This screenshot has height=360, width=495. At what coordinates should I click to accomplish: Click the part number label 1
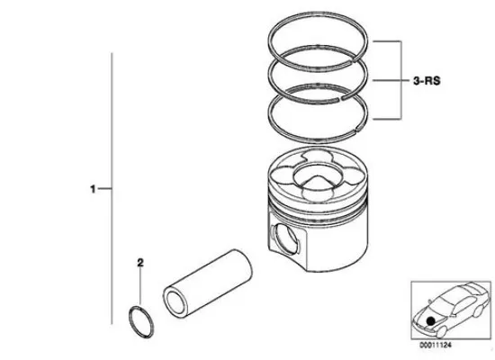coord(93,189)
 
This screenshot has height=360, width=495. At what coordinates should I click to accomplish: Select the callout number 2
coord(139,264)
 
